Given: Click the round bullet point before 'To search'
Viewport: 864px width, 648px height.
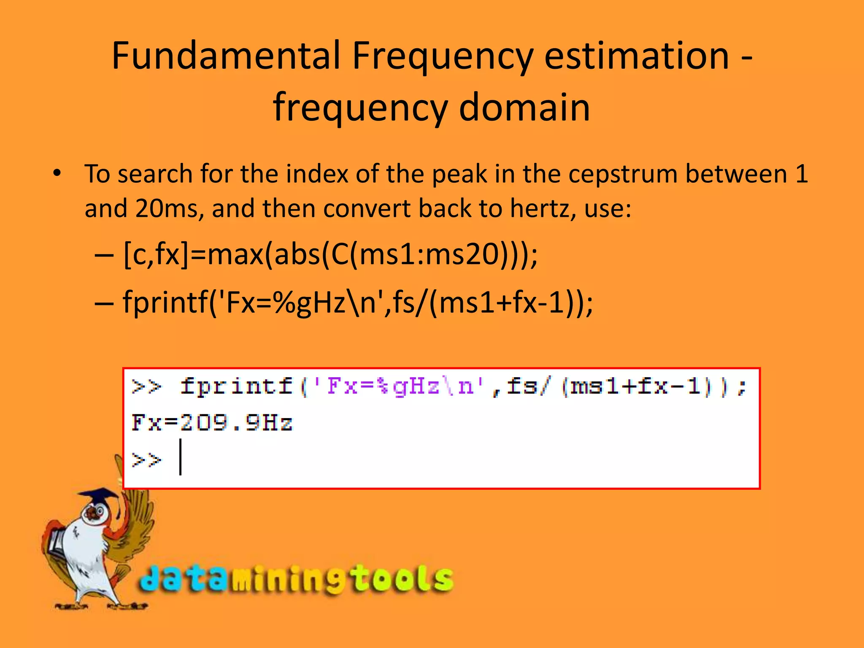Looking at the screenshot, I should click(57, 173).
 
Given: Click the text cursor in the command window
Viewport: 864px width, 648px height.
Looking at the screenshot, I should click(181, 457).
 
